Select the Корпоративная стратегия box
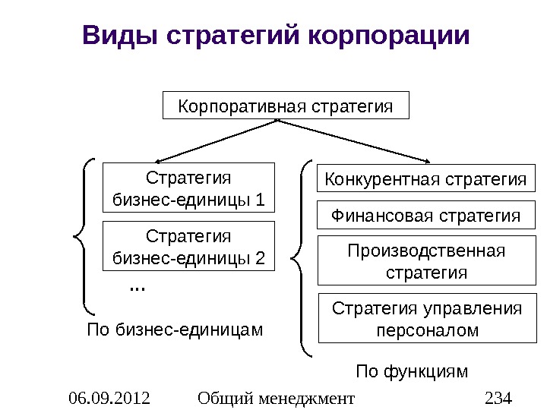286,106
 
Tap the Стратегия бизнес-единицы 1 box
188,187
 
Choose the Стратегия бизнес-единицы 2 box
188,246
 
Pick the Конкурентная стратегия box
425,180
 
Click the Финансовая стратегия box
425,216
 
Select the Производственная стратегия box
425,260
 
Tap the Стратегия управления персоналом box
425,318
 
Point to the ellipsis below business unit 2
138,288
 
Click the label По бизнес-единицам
175,330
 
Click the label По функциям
413,371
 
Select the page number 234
498,396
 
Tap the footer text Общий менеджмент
275,396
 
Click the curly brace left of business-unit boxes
84,235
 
